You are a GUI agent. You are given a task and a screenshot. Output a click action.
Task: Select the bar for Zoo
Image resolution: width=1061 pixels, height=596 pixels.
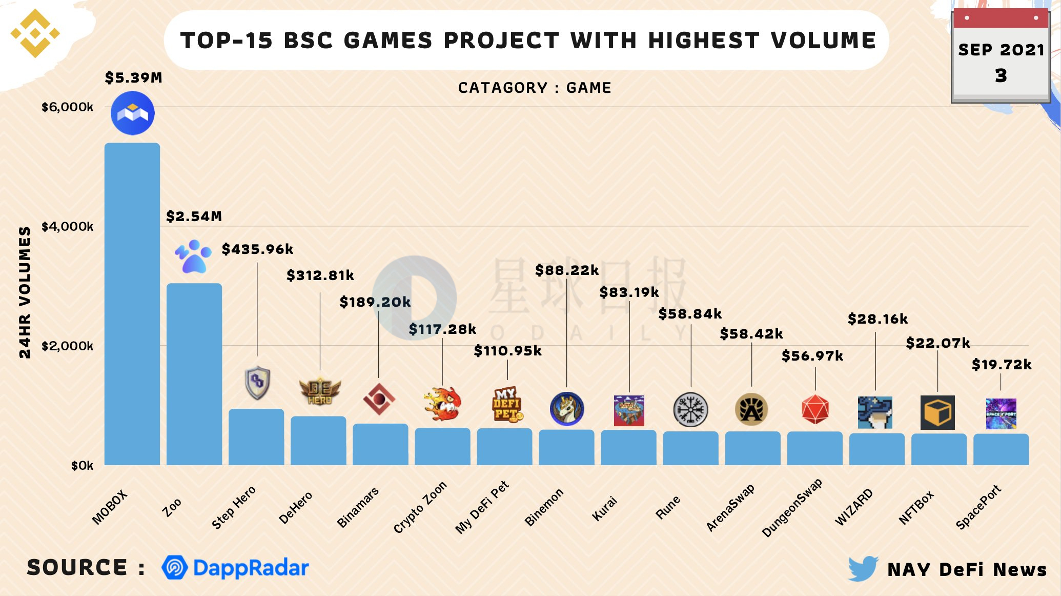(x=194, y=374)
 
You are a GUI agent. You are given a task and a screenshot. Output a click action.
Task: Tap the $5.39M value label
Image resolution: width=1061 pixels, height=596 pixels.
(x=133, y=77)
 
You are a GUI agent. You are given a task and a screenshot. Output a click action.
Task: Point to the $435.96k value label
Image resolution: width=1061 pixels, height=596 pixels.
(x=257, y=249)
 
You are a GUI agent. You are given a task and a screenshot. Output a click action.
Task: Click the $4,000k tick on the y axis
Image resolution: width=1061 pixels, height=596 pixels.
(x=67, y=226)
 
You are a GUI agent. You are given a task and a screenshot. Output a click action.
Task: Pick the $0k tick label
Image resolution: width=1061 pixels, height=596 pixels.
(x=82, y=465)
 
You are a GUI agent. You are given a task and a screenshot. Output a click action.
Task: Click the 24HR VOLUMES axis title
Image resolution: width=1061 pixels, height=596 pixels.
(x=25, y=292)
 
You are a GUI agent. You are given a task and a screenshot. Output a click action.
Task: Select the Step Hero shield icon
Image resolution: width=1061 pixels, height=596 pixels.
(x=257, y=383)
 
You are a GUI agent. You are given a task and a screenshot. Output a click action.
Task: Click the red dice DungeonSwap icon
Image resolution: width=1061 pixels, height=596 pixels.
(x=815, y=409)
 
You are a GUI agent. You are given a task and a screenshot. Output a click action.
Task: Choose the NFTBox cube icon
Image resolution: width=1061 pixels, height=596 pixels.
(x=937, y=412)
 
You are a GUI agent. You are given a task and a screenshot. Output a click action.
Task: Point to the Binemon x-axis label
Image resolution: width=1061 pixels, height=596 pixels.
(x=544, y=507)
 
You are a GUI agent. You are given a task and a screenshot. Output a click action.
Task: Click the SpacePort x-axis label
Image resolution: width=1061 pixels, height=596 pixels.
(x=978, y=507)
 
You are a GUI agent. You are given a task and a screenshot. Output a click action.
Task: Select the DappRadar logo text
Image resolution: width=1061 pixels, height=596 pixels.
(x=251, y=568)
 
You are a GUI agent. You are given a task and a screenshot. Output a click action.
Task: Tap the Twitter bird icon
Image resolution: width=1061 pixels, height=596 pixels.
(x=863, y=568)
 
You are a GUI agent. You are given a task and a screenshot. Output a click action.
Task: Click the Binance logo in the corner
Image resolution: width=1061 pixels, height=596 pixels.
(x=35, y=34)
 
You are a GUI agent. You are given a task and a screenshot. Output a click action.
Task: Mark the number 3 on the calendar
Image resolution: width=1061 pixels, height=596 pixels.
(x=1001, y=76)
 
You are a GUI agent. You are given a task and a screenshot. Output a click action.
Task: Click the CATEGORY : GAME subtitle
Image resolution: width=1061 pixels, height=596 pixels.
(x=535, y=88)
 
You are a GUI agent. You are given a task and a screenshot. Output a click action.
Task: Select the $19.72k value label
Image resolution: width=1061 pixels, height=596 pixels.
(x=1001, y=365)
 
